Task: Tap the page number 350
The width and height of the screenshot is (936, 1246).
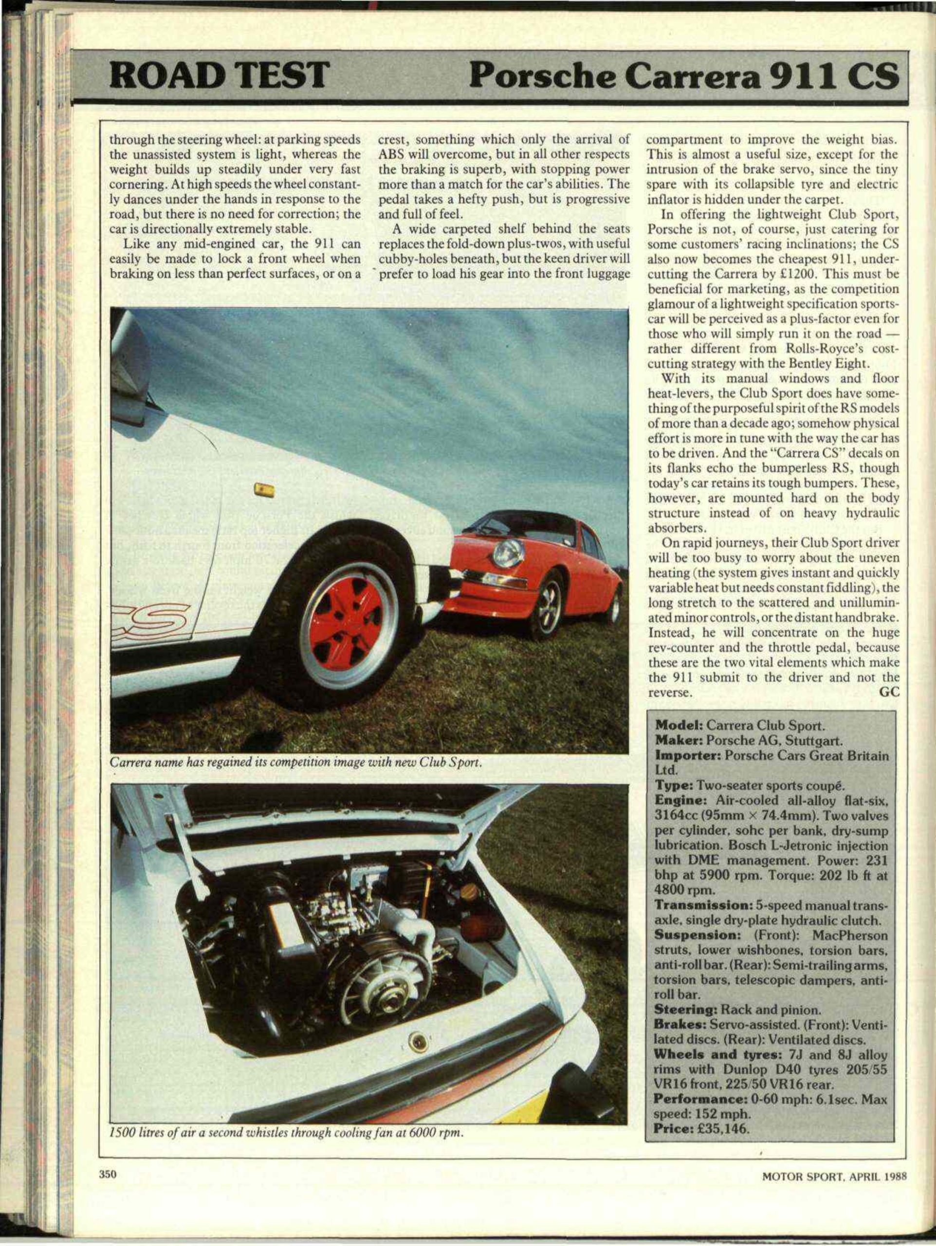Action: (108, 1174)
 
